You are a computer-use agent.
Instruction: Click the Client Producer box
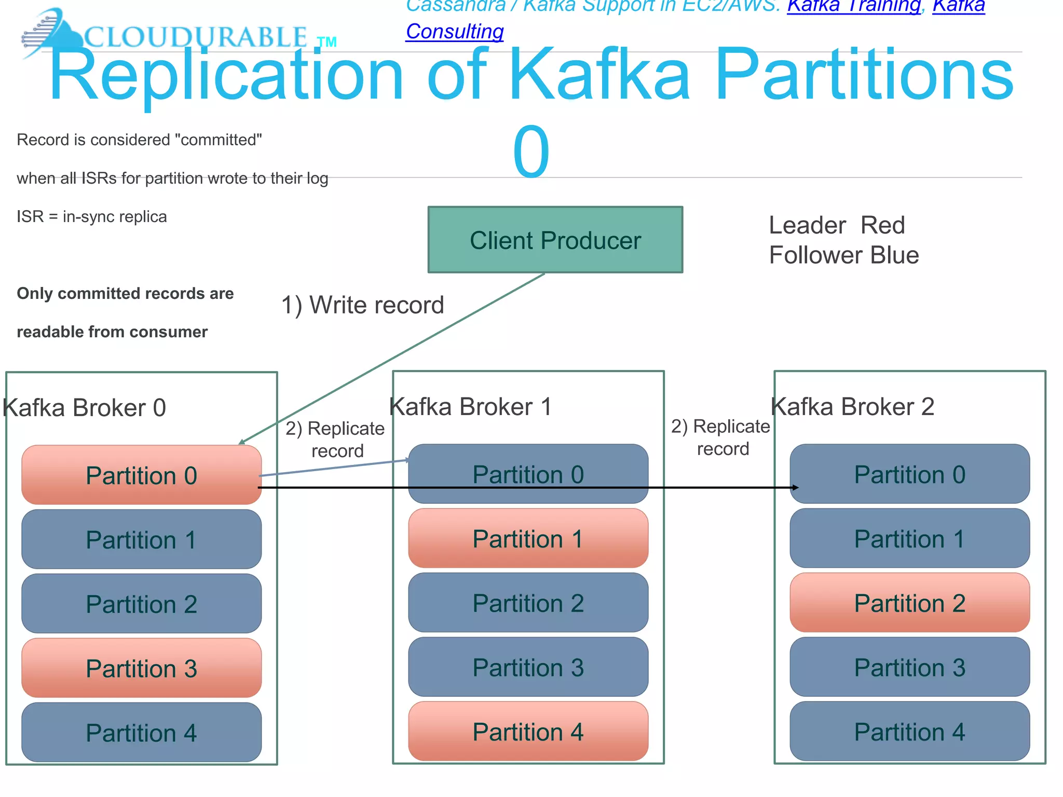555,240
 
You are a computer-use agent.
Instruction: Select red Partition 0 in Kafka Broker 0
141,475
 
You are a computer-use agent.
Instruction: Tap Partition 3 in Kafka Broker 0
141,668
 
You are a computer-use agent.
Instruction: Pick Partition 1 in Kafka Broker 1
528,539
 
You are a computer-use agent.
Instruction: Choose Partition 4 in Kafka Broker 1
528,732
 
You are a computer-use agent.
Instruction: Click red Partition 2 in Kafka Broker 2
909,603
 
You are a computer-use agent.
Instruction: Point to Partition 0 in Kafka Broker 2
909,474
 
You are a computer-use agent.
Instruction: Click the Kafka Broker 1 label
470,406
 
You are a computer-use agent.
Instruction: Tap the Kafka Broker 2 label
853,406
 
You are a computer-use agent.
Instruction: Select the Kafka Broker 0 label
85,407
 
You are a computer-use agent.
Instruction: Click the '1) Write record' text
362,305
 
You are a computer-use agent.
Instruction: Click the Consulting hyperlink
455,31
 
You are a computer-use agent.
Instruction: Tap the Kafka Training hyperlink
853,6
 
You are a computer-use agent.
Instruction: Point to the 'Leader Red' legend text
837,225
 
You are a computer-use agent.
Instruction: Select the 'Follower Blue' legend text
844,255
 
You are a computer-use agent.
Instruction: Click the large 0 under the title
530,152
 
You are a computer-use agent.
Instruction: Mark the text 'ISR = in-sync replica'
92,216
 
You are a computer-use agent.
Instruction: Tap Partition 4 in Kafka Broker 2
909,732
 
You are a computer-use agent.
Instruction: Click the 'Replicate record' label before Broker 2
721,437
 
